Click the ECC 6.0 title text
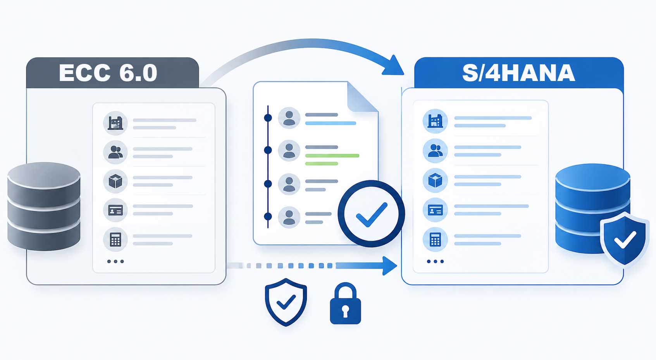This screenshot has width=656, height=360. tap(108, 72)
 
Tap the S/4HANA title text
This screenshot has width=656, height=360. tap(518, 72)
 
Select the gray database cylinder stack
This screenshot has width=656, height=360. tap(44, 207)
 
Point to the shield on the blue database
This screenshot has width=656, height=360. tap(625, 239)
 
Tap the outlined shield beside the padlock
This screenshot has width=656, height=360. tap(286, 302)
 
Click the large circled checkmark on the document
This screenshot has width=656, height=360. tap(371, 214)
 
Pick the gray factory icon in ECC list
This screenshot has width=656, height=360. tap(115, 123)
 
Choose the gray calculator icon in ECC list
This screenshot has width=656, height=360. tap(115, 239)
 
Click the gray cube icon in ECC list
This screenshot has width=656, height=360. tap(115, 181)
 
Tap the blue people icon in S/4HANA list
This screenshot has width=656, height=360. tap(435, 151)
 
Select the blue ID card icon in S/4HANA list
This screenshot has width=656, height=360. tap(435, 210)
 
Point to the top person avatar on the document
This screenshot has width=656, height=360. tap(289, 118)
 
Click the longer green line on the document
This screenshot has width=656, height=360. tap(332, 155)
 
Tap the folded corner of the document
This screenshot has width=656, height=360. tap(362, 97)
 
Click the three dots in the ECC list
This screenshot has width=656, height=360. tap(115, 261)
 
